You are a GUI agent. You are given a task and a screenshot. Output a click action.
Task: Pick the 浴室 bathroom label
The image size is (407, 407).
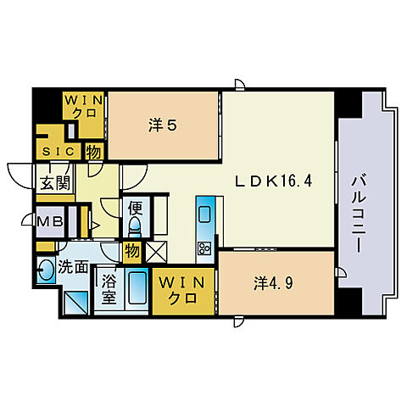109,286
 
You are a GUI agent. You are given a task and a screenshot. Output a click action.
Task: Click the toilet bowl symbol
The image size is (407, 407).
134,227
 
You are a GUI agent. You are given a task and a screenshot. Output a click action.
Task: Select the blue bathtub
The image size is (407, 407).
137,289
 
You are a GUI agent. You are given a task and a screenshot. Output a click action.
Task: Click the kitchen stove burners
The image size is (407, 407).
204,248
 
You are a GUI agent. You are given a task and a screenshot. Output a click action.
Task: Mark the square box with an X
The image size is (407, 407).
155,252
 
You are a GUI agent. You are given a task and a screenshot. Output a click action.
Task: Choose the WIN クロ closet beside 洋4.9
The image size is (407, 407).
183,291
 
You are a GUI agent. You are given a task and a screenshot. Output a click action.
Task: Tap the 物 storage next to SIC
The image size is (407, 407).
93,152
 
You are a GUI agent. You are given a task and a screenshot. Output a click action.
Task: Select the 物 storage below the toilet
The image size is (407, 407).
131,251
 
